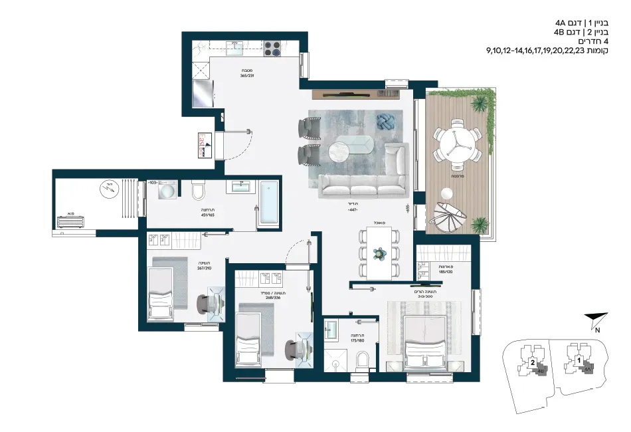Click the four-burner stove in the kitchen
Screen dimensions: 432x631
[272, 49]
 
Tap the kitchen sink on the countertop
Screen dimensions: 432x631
[235, 48]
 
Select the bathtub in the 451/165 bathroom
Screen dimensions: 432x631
[269, 203]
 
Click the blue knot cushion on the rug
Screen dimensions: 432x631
[384, 122]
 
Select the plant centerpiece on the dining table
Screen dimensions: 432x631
[379, 253]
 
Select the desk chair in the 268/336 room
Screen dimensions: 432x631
[293, 348]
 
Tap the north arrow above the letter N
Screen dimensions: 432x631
[592, 320]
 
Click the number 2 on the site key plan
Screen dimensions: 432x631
[533, 363]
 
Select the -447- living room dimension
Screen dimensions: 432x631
[352, 210]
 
